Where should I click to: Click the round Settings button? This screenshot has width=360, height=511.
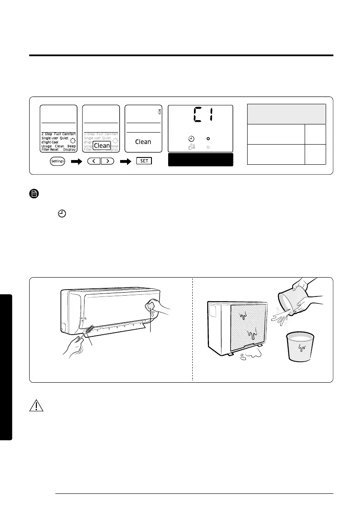pyautogui.click(x=56, y=161)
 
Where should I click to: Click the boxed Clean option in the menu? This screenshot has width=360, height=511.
pyautogui.click(x=102, y=145)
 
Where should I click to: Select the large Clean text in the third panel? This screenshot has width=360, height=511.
pyautogui.click(x=143, y=142)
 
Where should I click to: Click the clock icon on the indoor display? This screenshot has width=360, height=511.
pyautogui.click(x=191, y=139)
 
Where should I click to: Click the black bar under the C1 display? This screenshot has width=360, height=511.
pyautogui.click(x=200, y=160)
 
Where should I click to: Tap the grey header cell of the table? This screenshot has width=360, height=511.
pyautogui.click(x=287, y=114)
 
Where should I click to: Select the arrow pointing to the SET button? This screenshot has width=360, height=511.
pyautogui.click(x=126, y=162)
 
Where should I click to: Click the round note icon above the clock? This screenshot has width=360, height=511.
pyautogui.click(x=35, y=194)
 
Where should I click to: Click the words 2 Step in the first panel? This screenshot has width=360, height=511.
pyautogui.click(x=47, y=134)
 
